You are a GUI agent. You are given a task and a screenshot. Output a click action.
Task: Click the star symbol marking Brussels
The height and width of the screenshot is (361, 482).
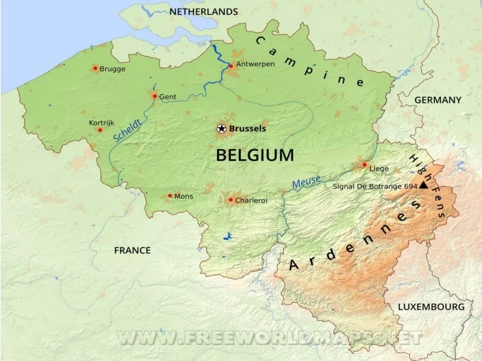(222, 128)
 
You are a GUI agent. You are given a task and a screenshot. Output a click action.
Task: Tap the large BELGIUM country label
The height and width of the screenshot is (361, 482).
(254, 156)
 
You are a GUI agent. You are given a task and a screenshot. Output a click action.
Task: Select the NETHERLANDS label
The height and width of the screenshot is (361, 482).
(204, 11)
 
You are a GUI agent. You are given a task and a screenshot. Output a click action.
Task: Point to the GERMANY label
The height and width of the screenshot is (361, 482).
(438, 100)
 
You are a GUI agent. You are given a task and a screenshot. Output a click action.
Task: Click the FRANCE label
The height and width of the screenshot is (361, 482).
(132, 250)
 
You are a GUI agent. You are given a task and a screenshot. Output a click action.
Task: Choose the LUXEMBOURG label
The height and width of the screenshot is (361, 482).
(430, 307)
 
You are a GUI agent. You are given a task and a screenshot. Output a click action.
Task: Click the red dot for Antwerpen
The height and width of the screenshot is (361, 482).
(231, 66)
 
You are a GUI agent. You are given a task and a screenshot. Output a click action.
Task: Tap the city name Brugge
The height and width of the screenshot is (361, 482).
(112, 69)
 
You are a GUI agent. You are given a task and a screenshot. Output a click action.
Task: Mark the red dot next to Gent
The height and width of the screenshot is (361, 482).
(154, 96)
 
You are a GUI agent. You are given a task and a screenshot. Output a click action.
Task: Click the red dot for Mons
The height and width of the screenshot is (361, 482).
(169, 196)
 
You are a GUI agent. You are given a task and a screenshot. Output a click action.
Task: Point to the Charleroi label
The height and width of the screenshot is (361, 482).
(251, 200)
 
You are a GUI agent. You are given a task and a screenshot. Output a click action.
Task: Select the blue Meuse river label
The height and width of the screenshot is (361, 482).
(306, 180)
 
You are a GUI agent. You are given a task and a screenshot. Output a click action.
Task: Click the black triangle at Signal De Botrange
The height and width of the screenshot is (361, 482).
(423, 187)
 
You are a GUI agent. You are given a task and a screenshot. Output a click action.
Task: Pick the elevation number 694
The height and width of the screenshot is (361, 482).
(410, 187)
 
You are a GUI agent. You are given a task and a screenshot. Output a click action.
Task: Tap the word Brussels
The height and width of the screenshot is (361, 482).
(248, 128)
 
